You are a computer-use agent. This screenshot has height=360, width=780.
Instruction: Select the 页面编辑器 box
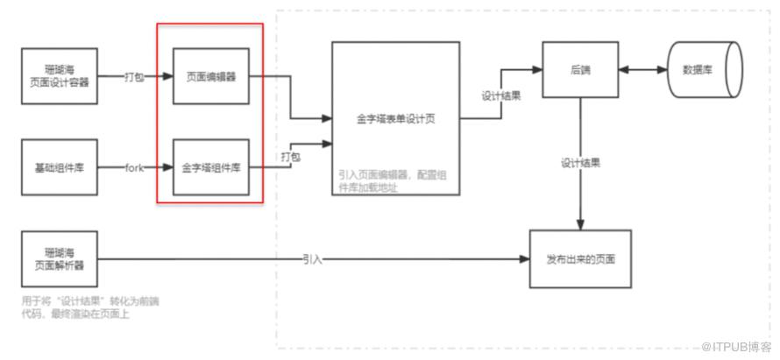tap(209, 77)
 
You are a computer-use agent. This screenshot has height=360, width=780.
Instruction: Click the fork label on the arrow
tap(135, 166)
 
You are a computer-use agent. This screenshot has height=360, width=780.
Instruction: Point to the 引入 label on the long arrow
tap(313, 260)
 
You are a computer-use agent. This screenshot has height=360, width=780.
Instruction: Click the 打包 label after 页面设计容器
tap(134, 78)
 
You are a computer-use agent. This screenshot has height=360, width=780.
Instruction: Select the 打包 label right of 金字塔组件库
tap(291, 157)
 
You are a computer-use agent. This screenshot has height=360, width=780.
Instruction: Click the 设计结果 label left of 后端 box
tap(501, 95)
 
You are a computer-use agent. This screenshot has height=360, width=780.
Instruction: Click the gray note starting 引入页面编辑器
tap(394, 180)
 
